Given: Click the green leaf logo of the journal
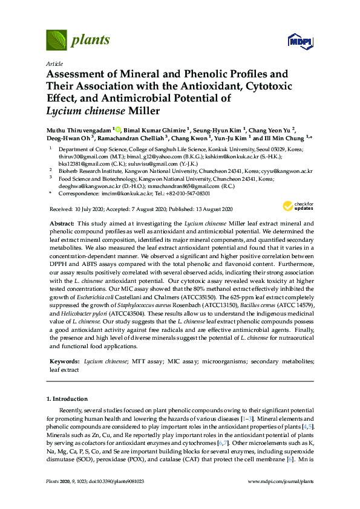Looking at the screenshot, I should pyautogui.click(x=56, y=40).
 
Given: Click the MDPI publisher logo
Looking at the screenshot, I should pyautogui.click(x=293, y=42).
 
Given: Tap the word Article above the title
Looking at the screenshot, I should pyautogui.click(x=53, y=63).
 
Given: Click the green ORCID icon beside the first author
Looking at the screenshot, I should pyautogui.click(x=118, y=129).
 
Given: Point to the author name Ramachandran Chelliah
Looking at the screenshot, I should pyautogui.click(x=134, y=138).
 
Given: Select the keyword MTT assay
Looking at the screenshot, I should pyautogui.click(x=148, y=361).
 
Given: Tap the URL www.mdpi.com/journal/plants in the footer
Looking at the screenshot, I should pyautogui.click(x=281, y=481).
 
